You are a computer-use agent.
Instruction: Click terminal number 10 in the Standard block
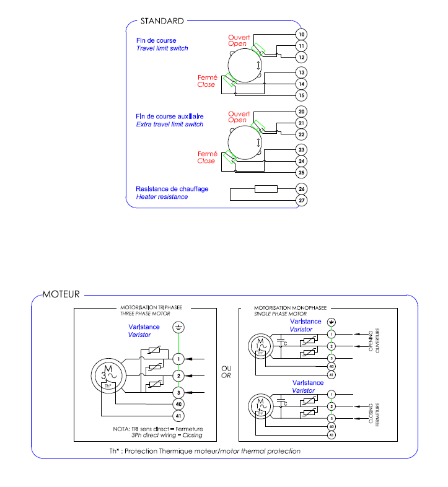click(x=302, y=34)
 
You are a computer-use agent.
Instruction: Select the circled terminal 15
click(x=302, y=95)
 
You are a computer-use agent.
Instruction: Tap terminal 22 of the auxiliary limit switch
click(x=302, y=134)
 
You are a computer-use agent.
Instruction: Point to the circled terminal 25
click(x=302, y=172)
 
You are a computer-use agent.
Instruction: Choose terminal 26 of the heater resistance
click(x=302, y=188)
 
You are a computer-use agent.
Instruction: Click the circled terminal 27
click(x=302, y=200)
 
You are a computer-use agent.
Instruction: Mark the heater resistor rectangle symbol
click(x=266, y=188)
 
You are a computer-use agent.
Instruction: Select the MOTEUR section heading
click(x=61, y=294)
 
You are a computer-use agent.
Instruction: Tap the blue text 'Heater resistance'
click(x=162, y=197)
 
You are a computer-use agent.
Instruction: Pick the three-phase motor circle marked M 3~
click(x=108, y=374)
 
